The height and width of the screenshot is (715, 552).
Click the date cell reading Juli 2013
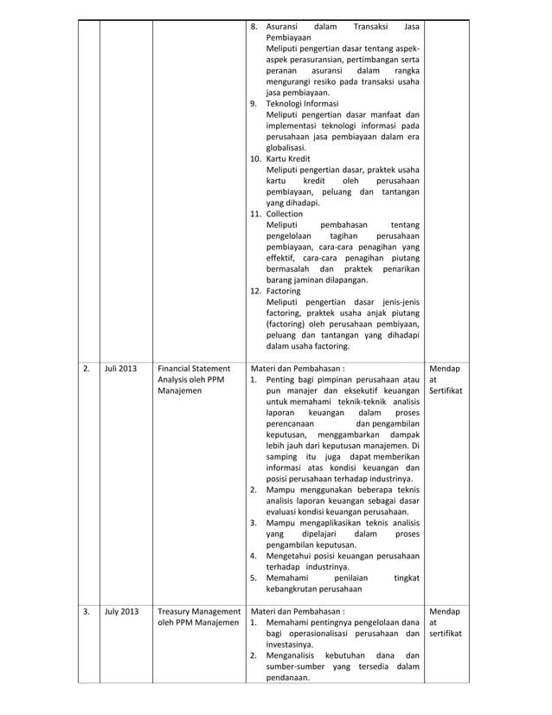click(x=120, y=368)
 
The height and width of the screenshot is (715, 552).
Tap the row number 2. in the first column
click(x=87, y=368)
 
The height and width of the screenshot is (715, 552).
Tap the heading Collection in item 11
click(x=285, y=213)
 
